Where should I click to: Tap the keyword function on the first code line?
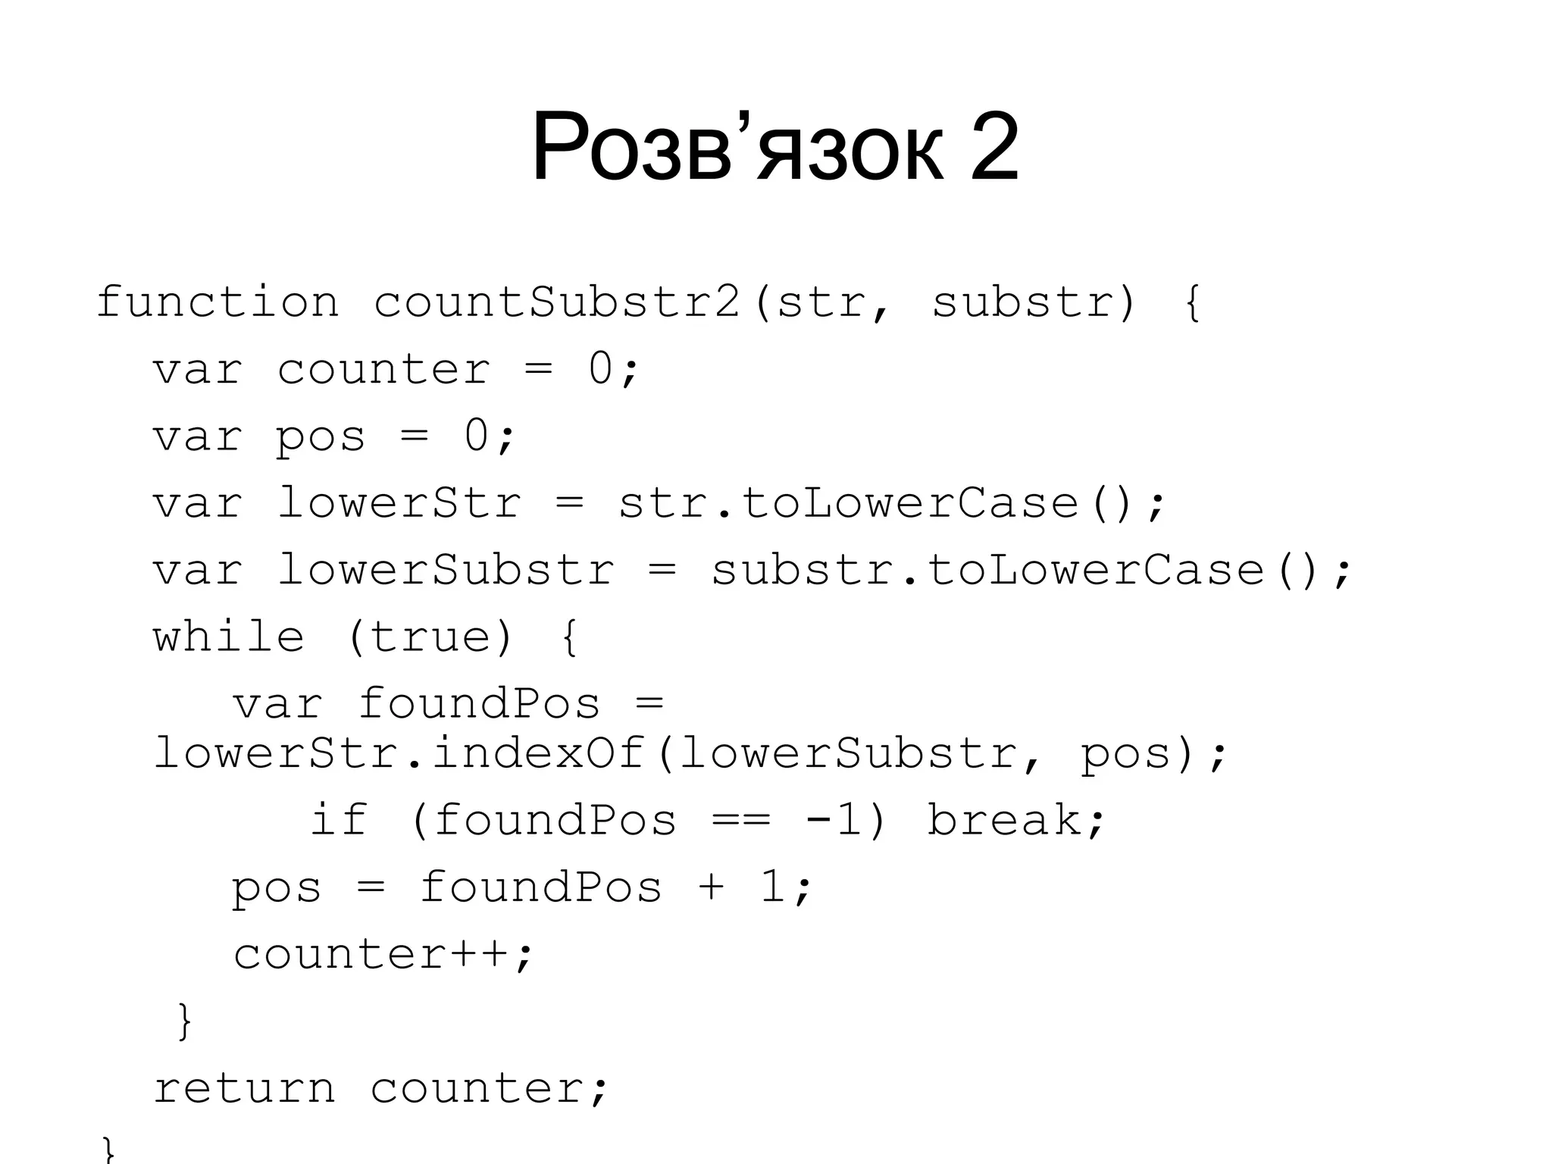[217, 302]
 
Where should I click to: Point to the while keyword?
[229, 637]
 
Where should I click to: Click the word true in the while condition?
[430, 637]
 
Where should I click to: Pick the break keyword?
[1006, 820]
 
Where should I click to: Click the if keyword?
[339, 820]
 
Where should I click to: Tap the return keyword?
[244, 1088]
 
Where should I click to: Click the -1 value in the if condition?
[834, 820]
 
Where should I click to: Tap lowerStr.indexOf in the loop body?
[399, 753]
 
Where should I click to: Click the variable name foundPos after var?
[479, 703]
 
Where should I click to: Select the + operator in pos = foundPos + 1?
[711, 887]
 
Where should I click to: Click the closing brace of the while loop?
[184, 1021]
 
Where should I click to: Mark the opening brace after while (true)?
[571, 638]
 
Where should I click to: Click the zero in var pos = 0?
[477, 436]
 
